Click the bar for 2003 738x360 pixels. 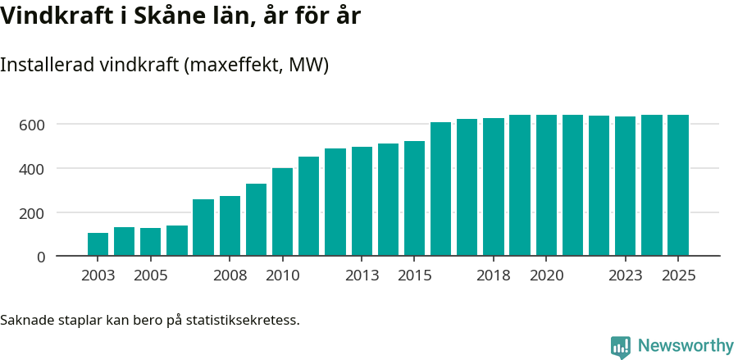tap(98, 244)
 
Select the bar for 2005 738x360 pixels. tap(151, 242)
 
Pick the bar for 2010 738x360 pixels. tap(282, 212)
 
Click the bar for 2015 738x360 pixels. tap(414, 198)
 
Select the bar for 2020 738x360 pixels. tap(546, 185)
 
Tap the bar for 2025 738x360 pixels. tap(678, 185)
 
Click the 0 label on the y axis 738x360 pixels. tap(40, 257)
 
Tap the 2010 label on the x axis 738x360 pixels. tap(282, 276)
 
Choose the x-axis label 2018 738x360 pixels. tap(494, 276)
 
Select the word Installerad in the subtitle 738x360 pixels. tap(47, 66)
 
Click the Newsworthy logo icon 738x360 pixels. tap(621, 347)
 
